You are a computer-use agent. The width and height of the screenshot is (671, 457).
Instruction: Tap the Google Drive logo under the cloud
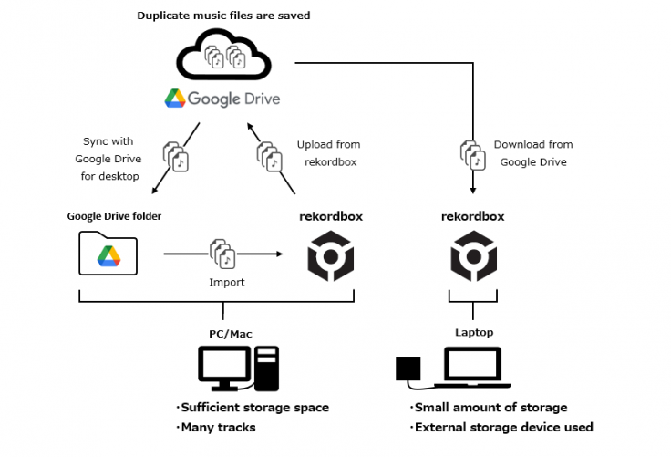pos(222,99)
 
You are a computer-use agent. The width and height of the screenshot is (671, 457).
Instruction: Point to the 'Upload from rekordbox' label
pos(328,153)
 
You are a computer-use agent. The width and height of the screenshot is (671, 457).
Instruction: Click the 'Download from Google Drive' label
pos(533,153)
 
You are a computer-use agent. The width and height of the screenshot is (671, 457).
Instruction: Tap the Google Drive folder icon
pos(108,253)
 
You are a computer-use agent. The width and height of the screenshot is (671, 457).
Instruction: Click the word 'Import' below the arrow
pos(227,282)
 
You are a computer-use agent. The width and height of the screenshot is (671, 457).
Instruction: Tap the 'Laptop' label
pos(474,333)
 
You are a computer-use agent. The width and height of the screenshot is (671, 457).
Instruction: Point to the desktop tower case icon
pos(267,366)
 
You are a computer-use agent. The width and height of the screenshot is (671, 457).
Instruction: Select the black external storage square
pos(407,368)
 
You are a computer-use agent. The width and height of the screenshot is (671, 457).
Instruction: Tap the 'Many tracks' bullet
pos(219,427)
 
